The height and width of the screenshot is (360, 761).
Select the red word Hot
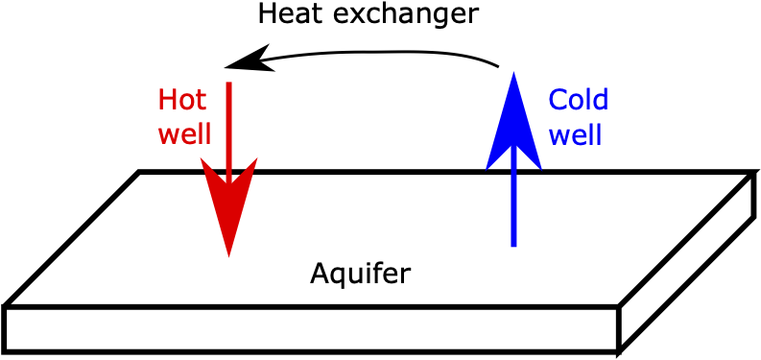(182, 100)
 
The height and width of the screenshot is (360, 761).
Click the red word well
(184, 132)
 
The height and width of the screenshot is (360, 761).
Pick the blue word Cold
(578, 100)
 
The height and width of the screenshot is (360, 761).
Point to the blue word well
(575, 133)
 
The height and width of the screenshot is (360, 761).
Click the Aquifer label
(360, 274)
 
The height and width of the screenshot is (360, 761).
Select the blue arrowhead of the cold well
(513, 120)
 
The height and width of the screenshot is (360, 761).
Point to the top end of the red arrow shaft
(228, 84)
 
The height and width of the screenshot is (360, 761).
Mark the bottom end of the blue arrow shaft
(513, 245)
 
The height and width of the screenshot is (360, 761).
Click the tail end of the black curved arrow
(498, 66)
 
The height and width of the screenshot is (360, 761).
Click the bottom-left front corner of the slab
(6, 348)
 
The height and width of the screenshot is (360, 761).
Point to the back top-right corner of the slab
(751, 174)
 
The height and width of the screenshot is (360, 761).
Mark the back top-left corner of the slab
(140, 173)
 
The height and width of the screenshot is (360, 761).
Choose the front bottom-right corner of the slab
(619, 348)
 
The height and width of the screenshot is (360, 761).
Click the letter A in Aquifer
(320, 274)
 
